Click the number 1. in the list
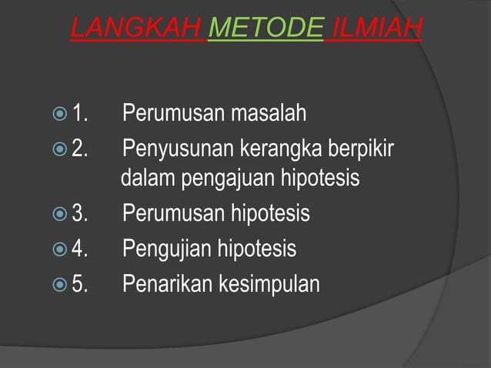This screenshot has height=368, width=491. click(80, 115)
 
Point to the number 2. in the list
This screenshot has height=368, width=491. click(80, 147)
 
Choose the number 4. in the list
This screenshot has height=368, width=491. click(80, 249)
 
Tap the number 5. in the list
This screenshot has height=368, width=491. click(80, 284)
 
